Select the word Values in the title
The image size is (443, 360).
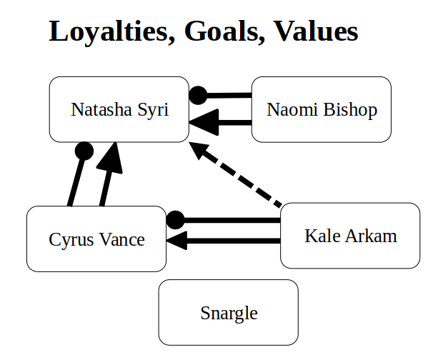click(x=316, y=31)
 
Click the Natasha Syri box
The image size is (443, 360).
click(x=119, y=109)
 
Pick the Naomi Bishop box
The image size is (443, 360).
click(x=322, y=109)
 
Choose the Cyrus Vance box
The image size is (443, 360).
click(x=96, y=239)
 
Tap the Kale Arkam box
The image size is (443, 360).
click(x=350, y=236)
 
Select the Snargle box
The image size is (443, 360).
click(x=228, y=312)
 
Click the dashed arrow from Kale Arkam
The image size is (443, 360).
click(x=235, y=174)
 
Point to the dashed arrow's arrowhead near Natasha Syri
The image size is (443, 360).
click(x=198, y=149)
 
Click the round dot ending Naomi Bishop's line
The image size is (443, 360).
click(x=198, y=96)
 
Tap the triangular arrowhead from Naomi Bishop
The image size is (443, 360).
click(x=204, y=122)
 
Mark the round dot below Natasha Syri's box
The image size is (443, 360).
click(x=84, y=151)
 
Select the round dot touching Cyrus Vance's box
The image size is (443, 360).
click(x=175, y=220)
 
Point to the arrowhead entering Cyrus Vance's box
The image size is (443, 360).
click(x=177, y=241)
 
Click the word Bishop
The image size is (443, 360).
click(x=350, y=110)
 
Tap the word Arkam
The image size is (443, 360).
click(x=371, y=236)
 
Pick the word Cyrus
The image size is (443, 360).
click(x=71, y=240)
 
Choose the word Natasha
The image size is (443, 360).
click(x=101, y=109)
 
